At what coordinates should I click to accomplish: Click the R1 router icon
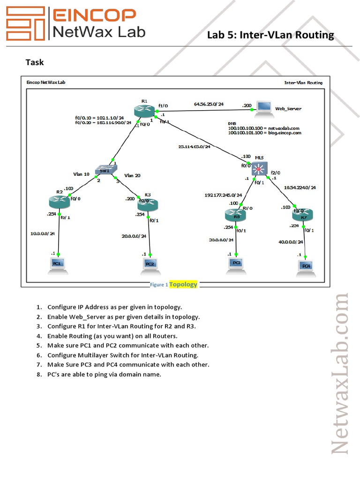[143, 112]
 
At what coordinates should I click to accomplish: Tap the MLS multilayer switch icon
[259, 168]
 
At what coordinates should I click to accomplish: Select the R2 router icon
[59, 202]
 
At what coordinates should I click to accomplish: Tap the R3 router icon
[148, 205]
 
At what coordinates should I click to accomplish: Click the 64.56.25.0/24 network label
[209, 104]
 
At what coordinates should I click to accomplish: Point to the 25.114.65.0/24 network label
[195, 146]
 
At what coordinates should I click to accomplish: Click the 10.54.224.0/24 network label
[300, 187]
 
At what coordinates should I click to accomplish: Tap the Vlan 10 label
[81, 174]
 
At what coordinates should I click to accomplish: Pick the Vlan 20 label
[132, 175]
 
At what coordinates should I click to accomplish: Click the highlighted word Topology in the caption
[183, 284]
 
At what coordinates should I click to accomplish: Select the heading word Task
[34, 62]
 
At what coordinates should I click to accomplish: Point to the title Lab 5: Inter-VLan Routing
[270, 35]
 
